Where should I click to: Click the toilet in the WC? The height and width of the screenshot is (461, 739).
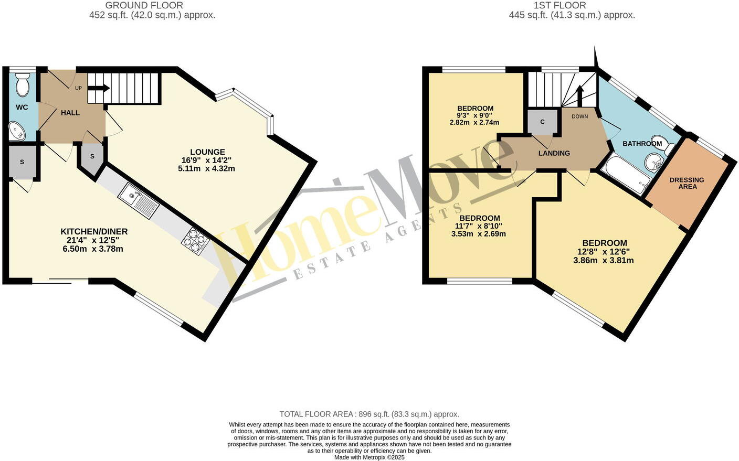pyautogui.click(x=23, y=85)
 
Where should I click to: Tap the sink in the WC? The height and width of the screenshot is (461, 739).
pyautogui.click(x=17, y=131)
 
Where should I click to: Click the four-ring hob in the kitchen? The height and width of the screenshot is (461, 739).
pyautogui.click(x=195, y=242)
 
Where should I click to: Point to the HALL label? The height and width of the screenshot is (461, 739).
pyautogui.click(x=70, y=113)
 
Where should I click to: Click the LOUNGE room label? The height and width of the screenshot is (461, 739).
pyautogui.click(x=207, y=152)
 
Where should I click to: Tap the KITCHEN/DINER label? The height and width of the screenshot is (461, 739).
pyautogui.click(x=94, y=231)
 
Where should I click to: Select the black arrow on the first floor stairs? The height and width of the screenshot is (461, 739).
pyautogui.click(x=580, y=95)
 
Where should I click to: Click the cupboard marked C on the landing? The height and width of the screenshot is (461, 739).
pyautogui.click(x=542, y=122)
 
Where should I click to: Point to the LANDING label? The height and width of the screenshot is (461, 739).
pyautogui.click(x=554, y=153)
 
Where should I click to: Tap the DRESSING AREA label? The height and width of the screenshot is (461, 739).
pyautogui.click(x=687, y=183)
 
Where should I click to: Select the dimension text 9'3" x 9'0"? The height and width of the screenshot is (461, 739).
pyautogui.click(x=474, y=115)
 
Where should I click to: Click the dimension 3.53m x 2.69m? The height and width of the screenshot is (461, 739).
pyautogui.click(x=478, y=234)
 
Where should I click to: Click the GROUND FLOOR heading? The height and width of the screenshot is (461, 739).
pyautogui.click(x=144, y=5)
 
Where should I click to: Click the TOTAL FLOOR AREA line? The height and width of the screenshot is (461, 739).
pyautogui.click(x=369, y=414)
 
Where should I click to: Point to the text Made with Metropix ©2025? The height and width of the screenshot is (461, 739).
pyautogui.click(x=369, y=457)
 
